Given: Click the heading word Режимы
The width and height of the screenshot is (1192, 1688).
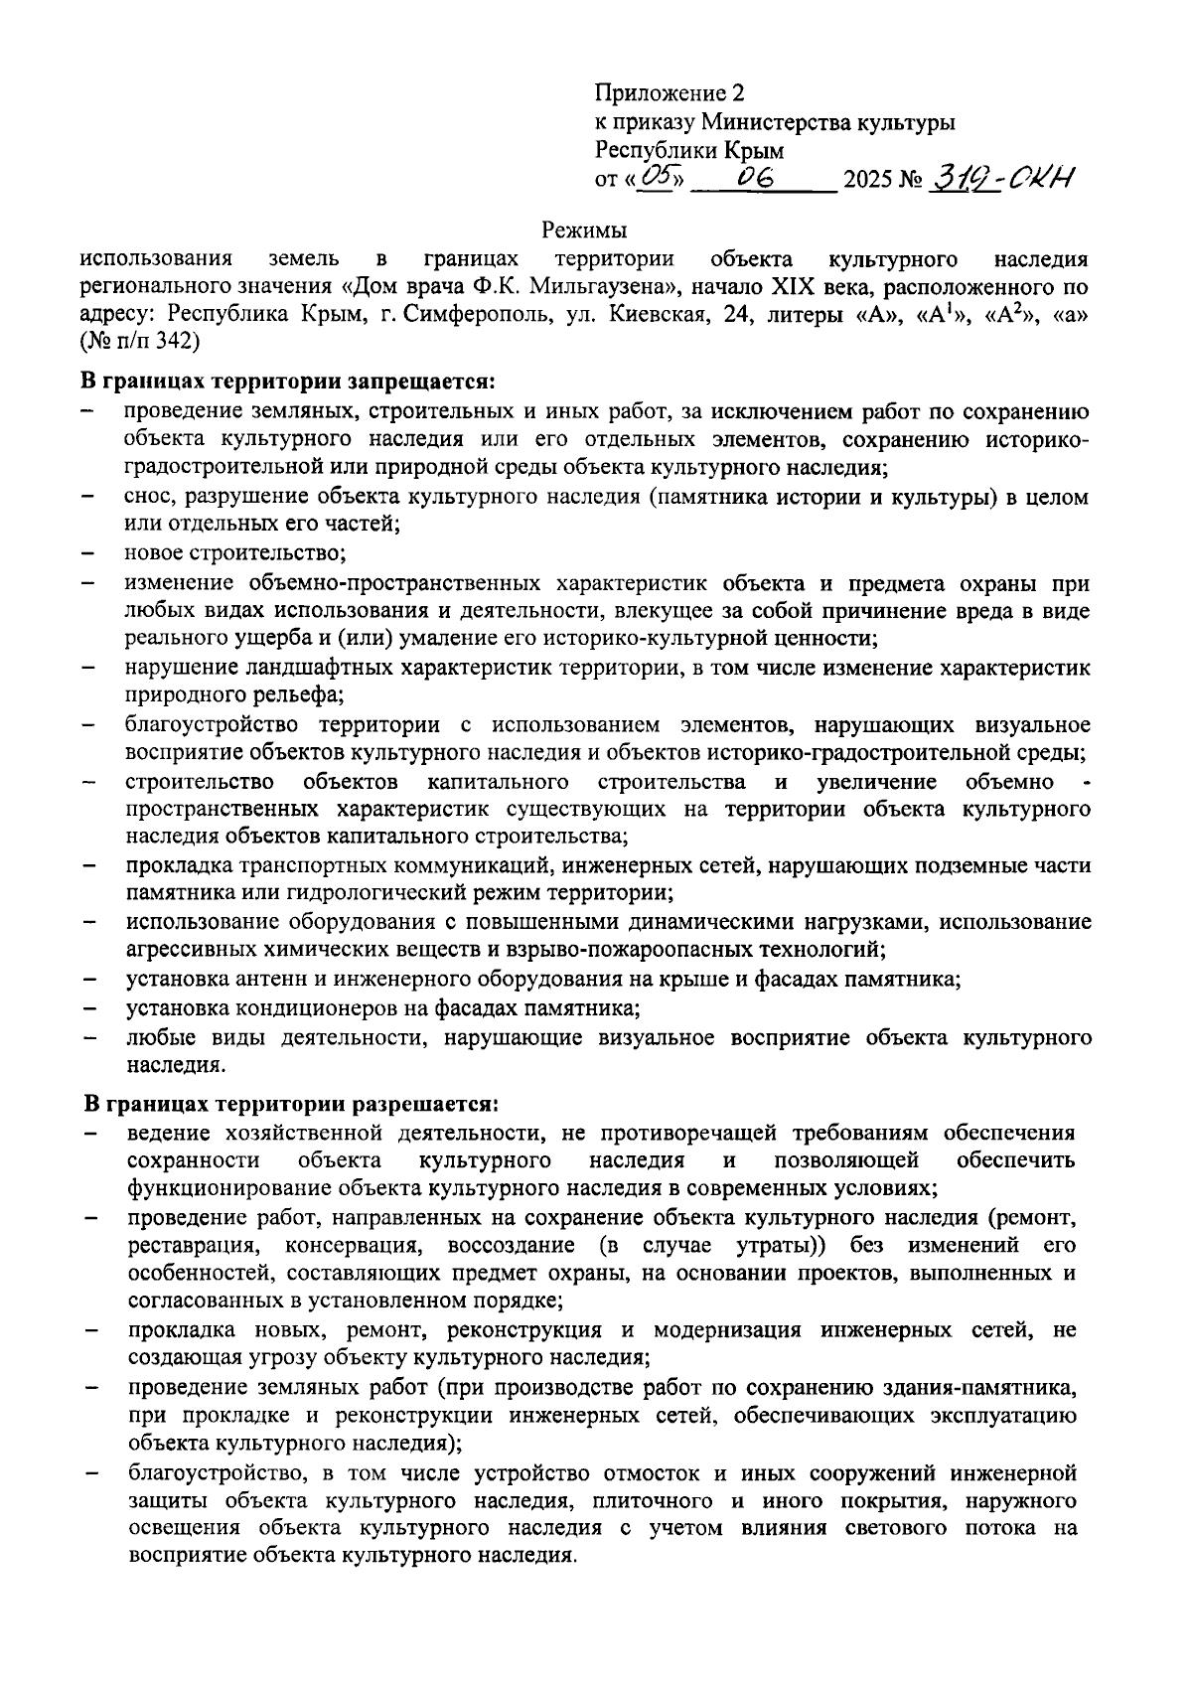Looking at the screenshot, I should pyautogui.click(x=584, y=231).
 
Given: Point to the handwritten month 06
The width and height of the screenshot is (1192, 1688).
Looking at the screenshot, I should pyautogui.click(x=761, y=177).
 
